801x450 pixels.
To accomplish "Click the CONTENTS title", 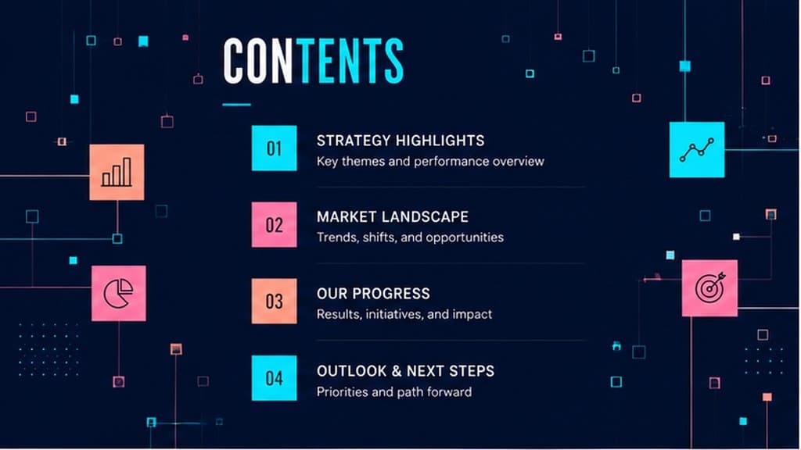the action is click(x=313, y=61).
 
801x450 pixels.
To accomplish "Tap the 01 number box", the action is click(x=275, y=148).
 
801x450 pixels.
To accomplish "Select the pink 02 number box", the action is click(x=275, y=224).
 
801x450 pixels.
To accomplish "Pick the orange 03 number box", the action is click(x=275, y=301).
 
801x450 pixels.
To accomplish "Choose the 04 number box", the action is click(x=275, y=378).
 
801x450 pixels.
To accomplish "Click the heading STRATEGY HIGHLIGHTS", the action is click(x=400, y=141).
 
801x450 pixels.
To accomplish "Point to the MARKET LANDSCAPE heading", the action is click(x=393, y=217).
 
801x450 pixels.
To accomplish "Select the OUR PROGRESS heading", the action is click(x=373, y=294).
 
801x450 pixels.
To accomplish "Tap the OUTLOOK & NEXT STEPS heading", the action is click(x=406, y=371).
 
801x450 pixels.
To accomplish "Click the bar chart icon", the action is click(x=117, y=172).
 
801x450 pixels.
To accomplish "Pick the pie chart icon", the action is click(x=119, y=294).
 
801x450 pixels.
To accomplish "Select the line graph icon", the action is click(x=697, y=149).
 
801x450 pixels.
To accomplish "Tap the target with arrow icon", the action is click(x=710, y=287).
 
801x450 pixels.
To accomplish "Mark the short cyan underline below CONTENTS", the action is click(x=236, y=105).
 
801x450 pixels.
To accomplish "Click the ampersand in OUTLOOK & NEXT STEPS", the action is click(x=397, y=371).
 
